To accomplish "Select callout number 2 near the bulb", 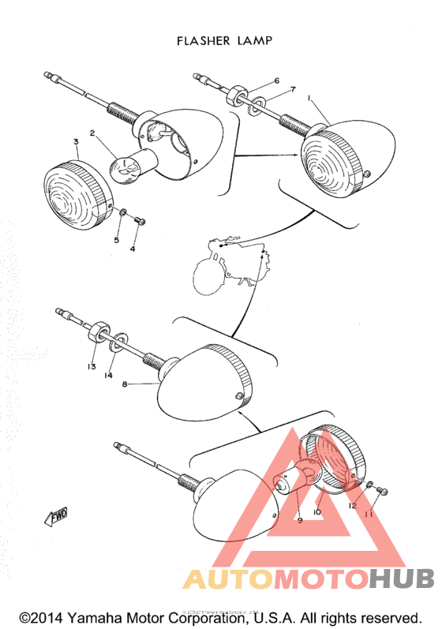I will click(x=92, y=134).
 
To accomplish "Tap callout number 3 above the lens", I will click(x=76, y=143).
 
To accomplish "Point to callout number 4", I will click(x=133, y=249).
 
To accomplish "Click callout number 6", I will click(x=276, y=81).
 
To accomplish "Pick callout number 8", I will click(x=124, y=384).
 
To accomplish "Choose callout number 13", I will click(x=92, y=367).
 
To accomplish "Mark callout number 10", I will click(x=317, y=511).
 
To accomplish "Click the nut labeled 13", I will click(x=97, y=331).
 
